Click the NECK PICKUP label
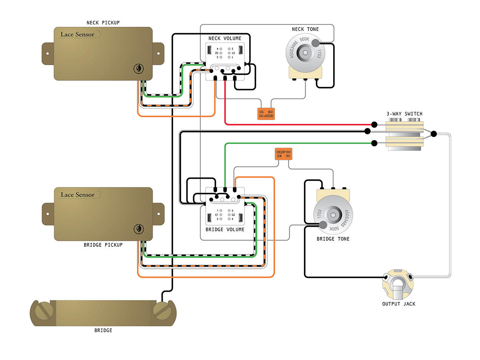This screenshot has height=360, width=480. [x=103, y=23]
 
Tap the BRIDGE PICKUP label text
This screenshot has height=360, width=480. [x=103, y=245]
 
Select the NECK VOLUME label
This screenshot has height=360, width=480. [x=225, y=38]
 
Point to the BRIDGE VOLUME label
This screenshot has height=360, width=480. [x=225, y=230]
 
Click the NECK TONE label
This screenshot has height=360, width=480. [x=306, y=30]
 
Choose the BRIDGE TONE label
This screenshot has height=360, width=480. [x=333, y=239]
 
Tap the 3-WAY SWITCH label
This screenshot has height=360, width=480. [x=404, y=114]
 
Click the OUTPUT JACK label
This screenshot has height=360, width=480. [x=399, y=304]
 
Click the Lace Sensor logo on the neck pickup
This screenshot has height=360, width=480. [x=78, y=34]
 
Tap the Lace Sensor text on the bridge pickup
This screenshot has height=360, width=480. [x=78, y=195]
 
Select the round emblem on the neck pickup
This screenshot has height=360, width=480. [x=138, y=69]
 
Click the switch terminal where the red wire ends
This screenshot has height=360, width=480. [x=374, y=124]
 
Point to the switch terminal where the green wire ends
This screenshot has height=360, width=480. [x=374, y=143]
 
